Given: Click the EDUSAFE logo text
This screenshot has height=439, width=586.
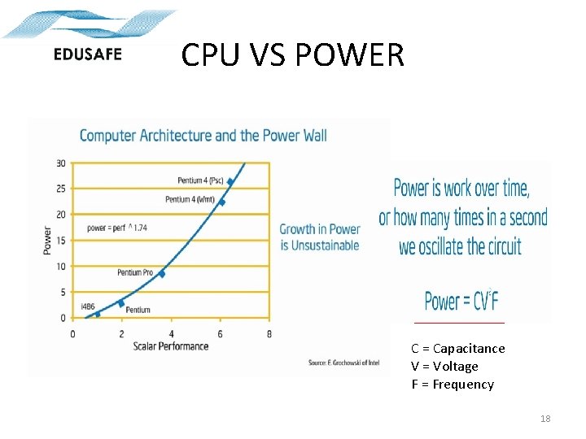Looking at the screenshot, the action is (87, 54).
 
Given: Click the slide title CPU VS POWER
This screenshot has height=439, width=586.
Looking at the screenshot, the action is (292, 55).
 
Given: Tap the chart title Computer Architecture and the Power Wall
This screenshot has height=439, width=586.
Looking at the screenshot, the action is (203, 135).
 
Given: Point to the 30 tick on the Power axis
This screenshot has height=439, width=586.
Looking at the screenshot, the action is (61, 163).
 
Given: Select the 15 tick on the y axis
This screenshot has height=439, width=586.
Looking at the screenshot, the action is (61, 241).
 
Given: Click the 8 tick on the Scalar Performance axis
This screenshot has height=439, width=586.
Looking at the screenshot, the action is (269, 334).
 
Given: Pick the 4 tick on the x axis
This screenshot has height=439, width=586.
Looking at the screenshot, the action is (171, 334).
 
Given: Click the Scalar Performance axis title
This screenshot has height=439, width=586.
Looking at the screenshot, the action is (171, 346).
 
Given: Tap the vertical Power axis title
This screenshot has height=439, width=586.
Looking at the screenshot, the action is (47, 241).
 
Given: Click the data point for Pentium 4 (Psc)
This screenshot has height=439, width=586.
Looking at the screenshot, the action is (230, 182).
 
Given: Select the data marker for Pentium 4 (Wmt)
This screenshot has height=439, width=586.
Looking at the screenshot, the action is (221, 202).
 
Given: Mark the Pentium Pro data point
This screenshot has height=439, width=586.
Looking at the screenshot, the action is (162, 274).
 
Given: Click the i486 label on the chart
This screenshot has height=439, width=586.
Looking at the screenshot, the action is (88, 306).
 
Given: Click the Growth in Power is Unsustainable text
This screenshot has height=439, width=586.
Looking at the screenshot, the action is (319, 237).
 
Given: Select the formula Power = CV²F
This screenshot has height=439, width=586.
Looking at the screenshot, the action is (461, 302).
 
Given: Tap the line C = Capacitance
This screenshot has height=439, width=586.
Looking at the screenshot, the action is (457, 349).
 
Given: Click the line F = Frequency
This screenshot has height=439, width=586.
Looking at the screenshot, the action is (452, 385).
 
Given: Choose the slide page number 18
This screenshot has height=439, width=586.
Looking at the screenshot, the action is (545, 419).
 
